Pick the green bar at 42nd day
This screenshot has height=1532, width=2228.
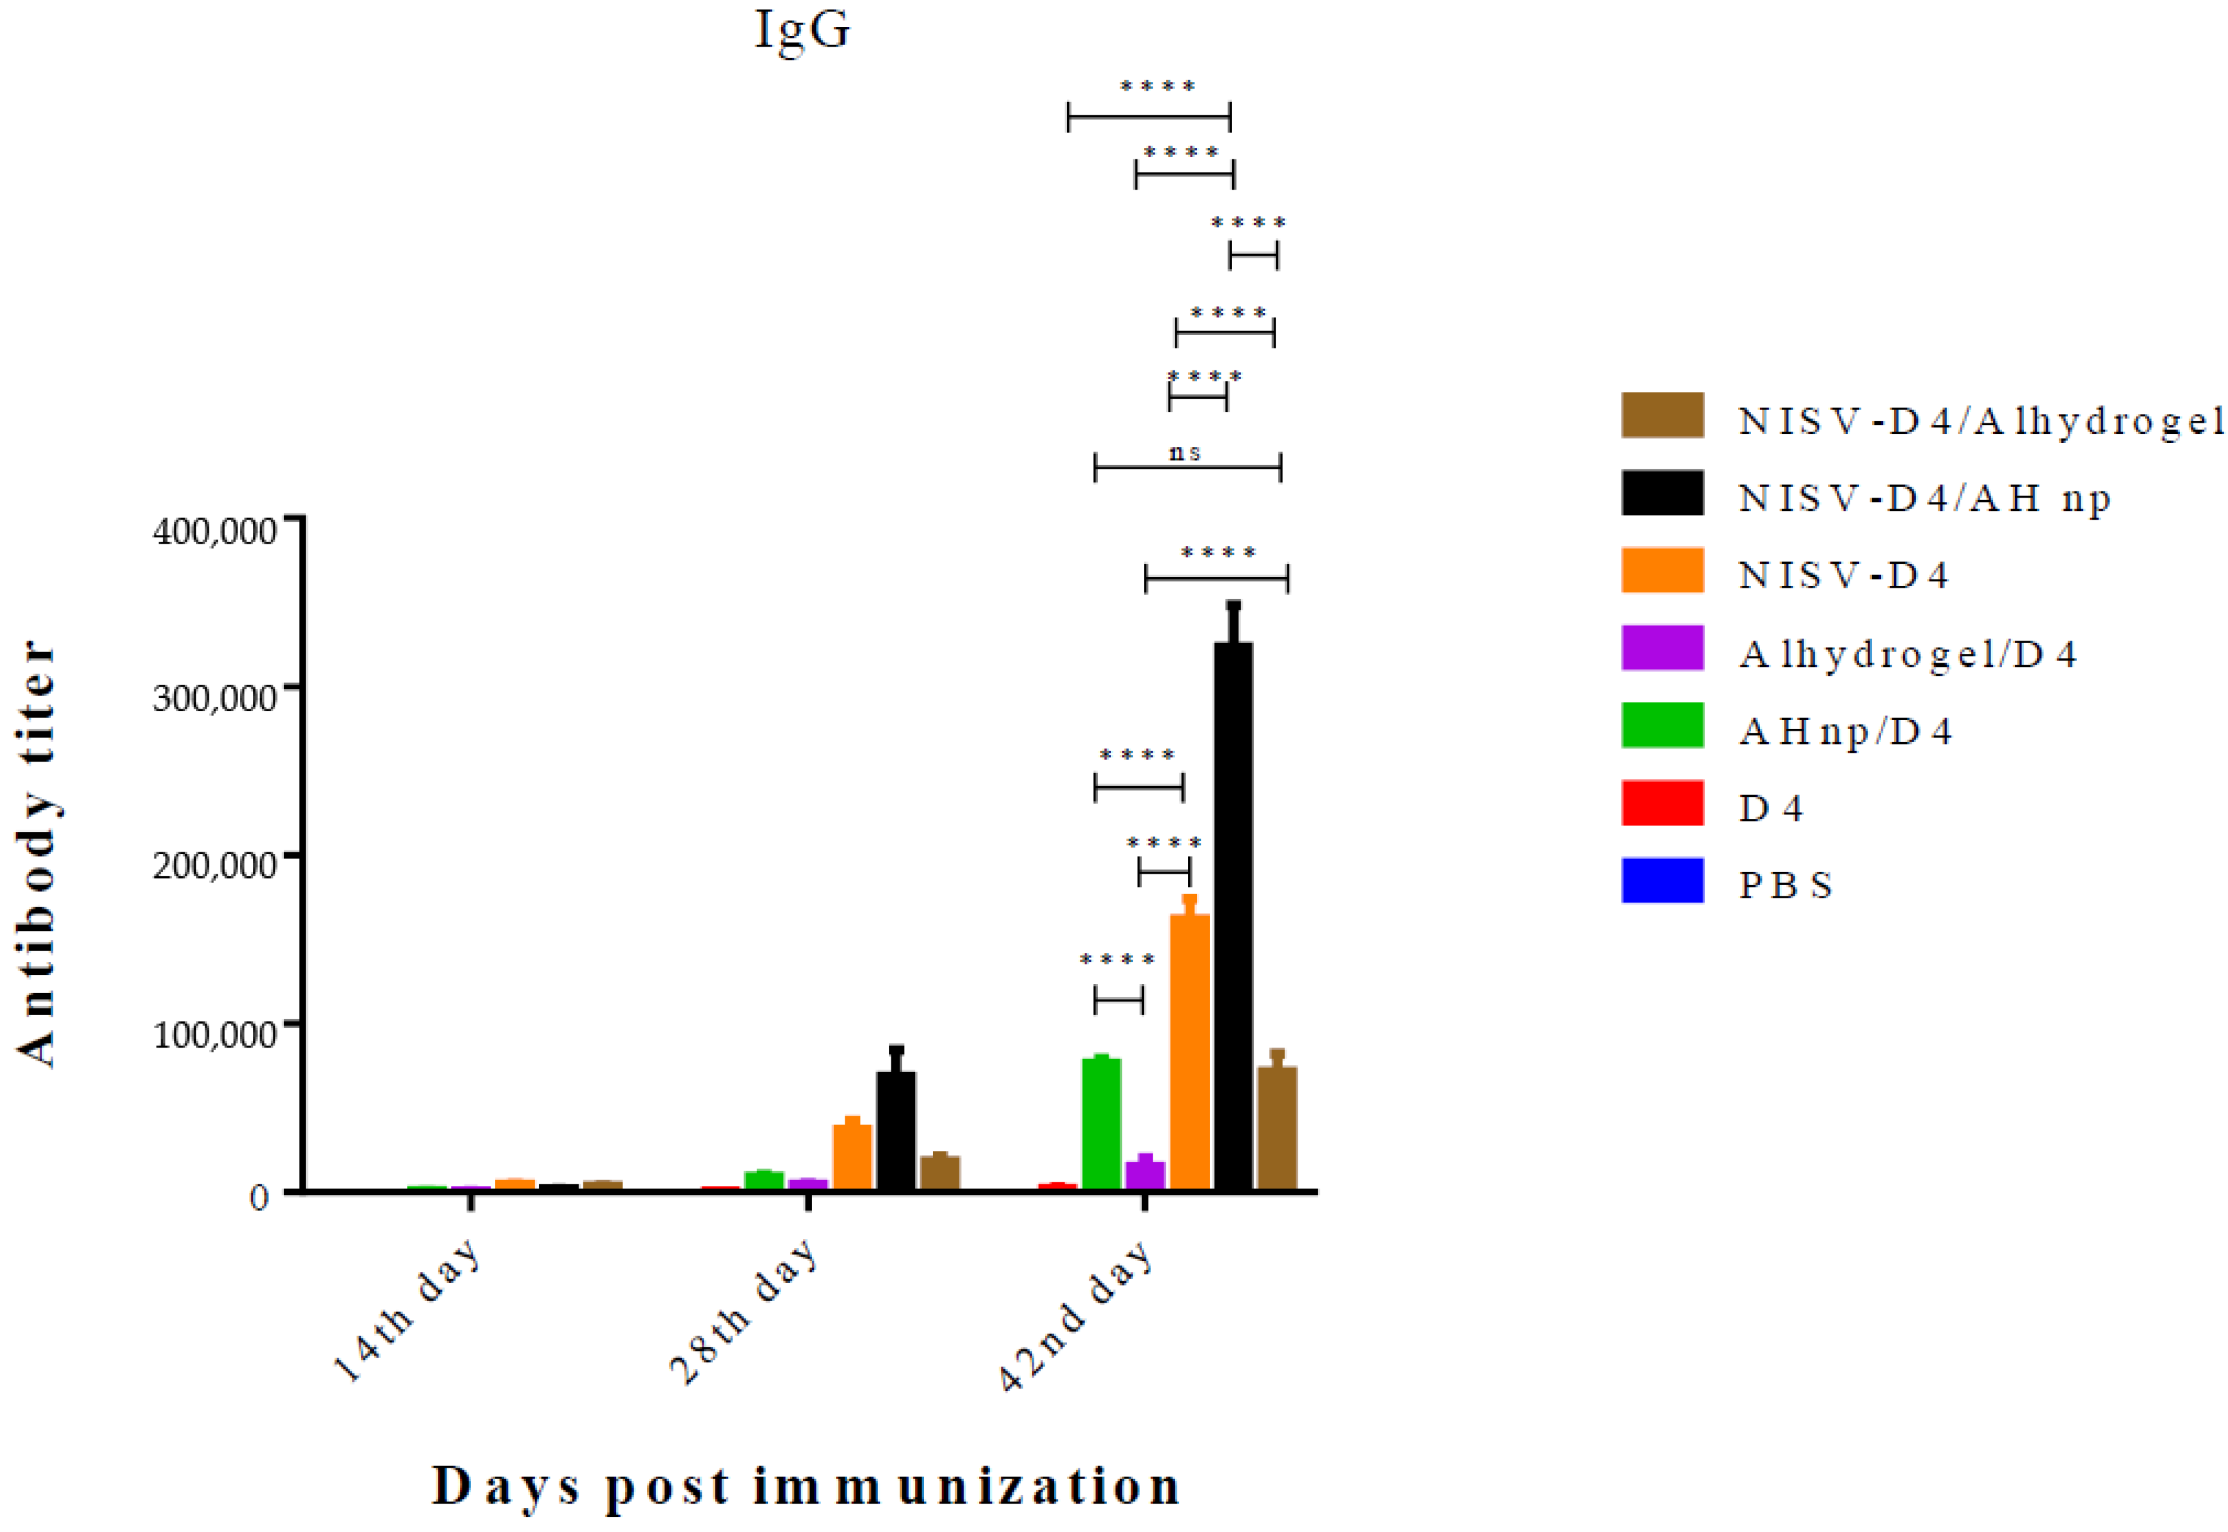click(1101, 1123)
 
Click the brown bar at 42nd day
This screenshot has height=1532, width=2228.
click(1277, 1127)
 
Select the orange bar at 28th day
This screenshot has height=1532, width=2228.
click(852, 1156)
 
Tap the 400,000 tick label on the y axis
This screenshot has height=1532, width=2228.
click(215, 531)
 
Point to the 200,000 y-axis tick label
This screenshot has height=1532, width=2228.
click(215, 866)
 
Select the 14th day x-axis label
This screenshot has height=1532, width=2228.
click(408, 1310)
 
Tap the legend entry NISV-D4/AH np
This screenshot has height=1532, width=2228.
click(1924, 497)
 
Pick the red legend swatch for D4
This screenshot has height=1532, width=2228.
click(1662, 803)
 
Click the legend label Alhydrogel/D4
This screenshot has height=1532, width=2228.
click(1907, 655)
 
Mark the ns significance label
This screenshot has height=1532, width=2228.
click(1185, 452)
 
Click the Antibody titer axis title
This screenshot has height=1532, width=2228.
click(38, 854)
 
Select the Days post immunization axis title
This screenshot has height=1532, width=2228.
click(806, 1487)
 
